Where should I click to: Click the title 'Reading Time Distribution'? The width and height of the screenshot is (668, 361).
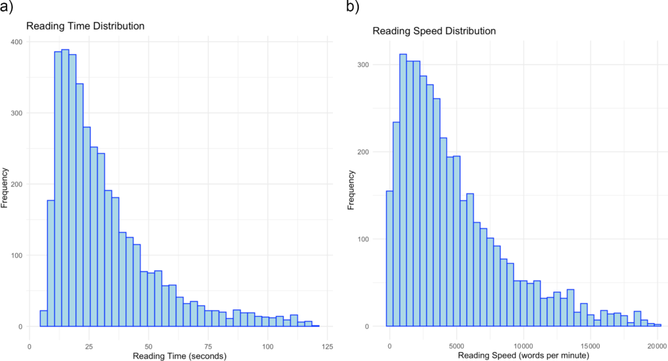84,26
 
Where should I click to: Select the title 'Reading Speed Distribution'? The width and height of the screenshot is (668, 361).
434,31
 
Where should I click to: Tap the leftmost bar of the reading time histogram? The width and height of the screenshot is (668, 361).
44,319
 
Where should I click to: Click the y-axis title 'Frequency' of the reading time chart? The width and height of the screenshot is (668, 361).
6,187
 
